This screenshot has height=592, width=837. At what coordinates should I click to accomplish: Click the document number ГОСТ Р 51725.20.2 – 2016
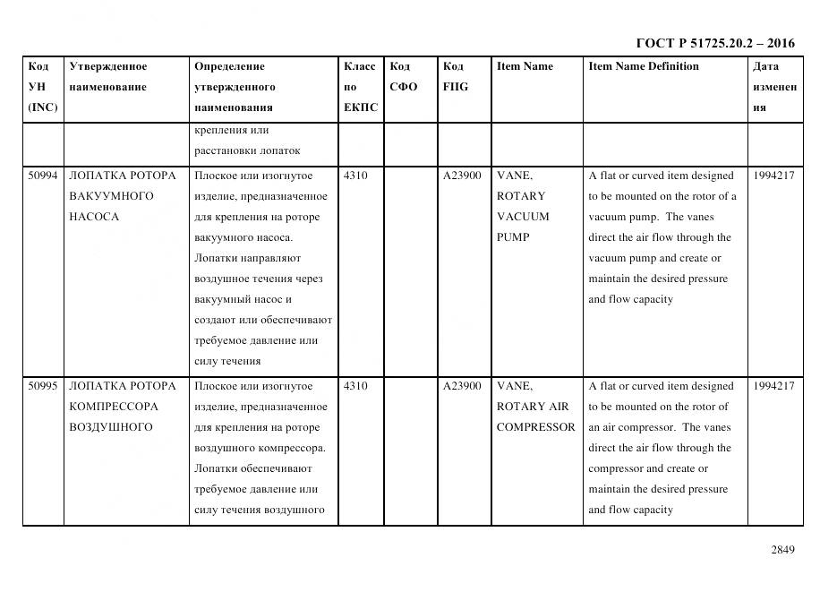point(714,43)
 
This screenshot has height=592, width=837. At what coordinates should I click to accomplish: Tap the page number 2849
point(782,550)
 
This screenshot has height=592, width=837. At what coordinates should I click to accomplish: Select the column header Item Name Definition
point(643,66)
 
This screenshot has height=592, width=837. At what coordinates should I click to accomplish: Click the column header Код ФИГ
point(455,77)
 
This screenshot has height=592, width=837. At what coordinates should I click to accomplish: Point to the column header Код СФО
point(403,77)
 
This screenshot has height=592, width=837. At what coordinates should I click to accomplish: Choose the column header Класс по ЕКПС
point(360,87)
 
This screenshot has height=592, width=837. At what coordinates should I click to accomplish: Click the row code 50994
point(42,176)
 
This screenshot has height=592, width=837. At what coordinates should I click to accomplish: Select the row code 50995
point(42,386)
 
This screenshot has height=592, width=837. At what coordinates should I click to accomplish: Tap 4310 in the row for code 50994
point(355,176)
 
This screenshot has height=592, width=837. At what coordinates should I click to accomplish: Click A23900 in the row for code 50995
point(462,386)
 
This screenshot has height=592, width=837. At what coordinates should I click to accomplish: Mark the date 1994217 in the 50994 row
point(773,176)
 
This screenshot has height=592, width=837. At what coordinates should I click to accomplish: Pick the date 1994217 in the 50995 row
point(773,386)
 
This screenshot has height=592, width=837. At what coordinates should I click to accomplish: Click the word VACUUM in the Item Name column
point(523,217)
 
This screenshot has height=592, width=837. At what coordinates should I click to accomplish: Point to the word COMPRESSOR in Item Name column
point(535,427)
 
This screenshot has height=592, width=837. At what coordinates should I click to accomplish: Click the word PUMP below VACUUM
point(512,237)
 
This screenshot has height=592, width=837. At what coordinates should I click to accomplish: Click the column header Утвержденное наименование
point(108,77)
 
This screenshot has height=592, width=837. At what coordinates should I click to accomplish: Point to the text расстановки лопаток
point(247,150)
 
